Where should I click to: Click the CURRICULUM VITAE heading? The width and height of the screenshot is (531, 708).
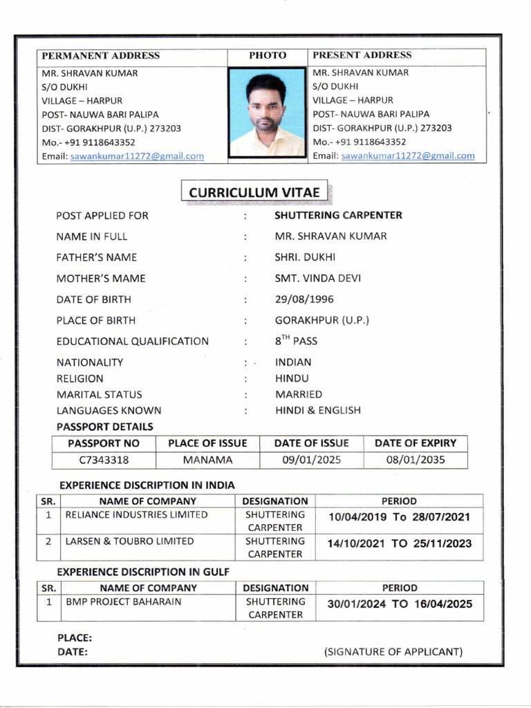[254, 192]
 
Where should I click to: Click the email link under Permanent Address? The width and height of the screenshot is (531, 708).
[137, 156]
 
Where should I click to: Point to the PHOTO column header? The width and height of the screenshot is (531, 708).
[267, 55]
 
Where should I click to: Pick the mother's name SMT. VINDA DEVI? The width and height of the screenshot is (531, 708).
[317, 279]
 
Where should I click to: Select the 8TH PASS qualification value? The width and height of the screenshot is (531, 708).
[296, 341]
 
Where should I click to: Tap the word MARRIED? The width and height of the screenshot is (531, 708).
[299, 394]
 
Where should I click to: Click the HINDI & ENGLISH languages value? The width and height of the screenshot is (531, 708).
[317, 410]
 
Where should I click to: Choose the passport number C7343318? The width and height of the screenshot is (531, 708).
[104, 460]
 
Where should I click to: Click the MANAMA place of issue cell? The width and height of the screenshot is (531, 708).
[207, 460]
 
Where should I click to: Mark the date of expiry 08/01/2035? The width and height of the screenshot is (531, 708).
[416, 460]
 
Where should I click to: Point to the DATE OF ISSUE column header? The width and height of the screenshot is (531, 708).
[311, 443]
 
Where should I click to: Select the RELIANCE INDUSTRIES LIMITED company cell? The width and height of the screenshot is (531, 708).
[136, 515]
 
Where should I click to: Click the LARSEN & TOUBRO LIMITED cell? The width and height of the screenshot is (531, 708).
[129, 541]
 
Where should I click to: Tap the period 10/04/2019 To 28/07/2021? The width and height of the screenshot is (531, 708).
[399, 517]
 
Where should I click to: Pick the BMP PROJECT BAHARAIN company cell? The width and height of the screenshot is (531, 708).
[124, 602]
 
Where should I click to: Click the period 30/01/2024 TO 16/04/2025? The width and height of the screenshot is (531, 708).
[399, 604]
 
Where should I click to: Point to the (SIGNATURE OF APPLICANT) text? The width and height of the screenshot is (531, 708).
[393, 651]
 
